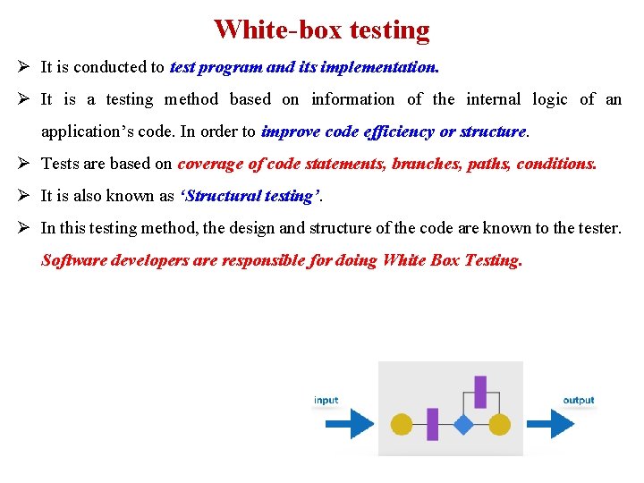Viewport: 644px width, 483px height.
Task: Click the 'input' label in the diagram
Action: (x=326, y=400)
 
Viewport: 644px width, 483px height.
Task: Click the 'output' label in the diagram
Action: (x=579, y=400)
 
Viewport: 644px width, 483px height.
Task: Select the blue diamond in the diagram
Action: (x=462, y=424)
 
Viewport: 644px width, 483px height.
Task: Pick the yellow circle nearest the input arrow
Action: (x=402, y=424)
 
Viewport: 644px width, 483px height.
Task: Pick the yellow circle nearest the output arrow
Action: (x=499, y=424)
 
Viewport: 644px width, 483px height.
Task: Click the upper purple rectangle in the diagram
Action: (x=480, y=392)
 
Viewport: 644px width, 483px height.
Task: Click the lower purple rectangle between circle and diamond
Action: (x=432, y=424)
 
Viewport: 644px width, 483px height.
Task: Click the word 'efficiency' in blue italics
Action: (x=400, y=131)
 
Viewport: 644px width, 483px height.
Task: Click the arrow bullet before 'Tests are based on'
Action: (x=25, y=164)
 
